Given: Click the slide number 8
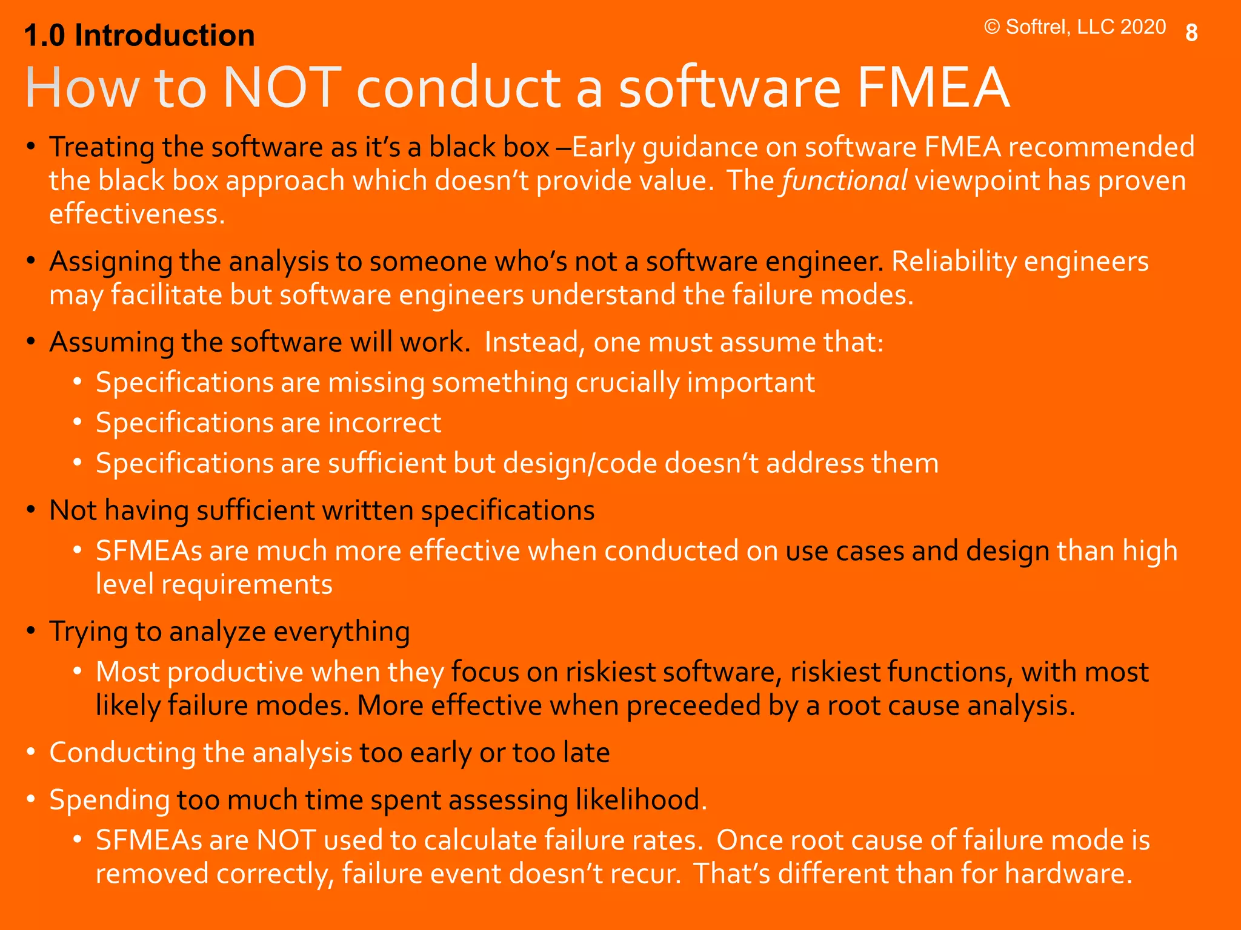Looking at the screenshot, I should (x=1191, y=33).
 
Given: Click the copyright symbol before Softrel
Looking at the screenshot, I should (x=992, y=27).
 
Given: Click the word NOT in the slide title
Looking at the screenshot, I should (x=279, y=88).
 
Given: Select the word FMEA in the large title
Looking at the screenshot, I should (x=934, y=88).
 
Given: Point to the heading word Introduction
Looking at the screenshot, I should (x=164, y=36).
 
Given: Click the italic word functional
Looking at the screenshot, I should (x=845, y=180).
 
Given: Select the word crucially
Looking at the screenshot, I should (x=627, y=383).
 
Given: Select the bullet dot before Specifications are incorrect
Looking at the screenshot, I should (x=78, y=423).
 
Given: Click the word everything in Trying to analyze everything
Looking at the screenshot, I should (x=342, y=632).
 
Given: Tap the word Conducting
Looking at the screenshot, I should (x=122, y=753).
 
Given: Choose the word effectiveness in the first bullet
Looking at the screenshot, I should (x=137, y=214).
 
